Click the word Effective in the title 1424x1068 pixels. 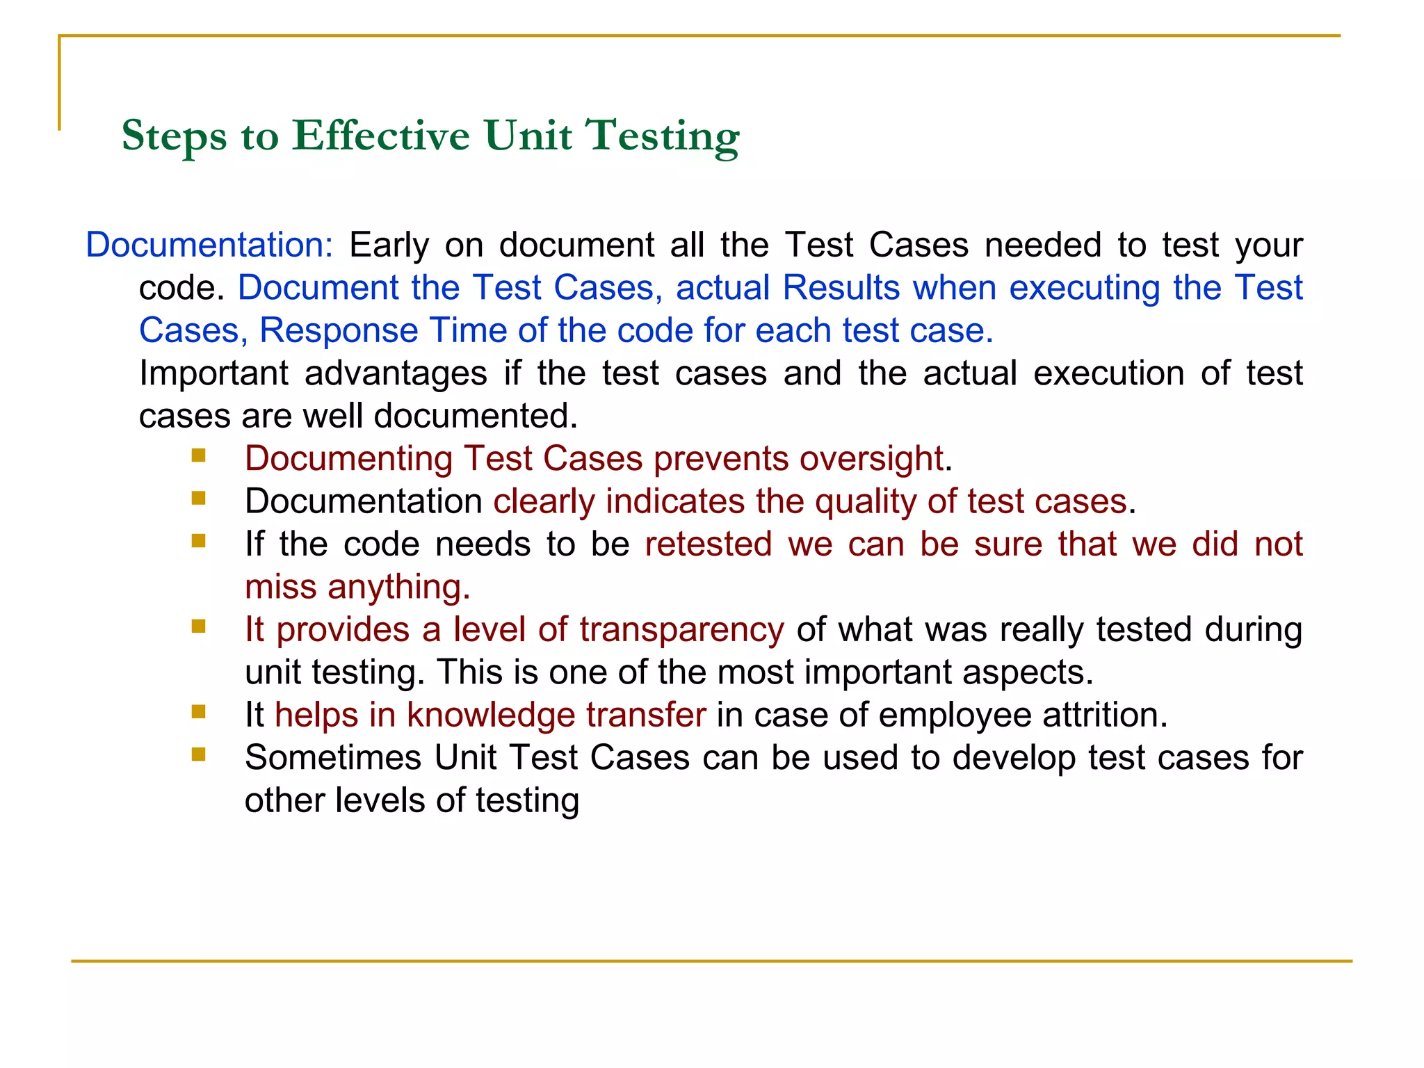point(380,135)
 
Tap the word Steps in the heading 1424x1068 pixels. point(174,136)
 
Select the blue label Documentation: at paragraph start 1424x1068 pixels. point(209,245)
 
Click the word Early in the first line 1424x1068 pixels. point(389,245)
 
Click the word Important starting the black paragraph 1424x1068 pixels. point(213,373)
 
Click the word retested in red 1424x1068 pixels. point(708,544)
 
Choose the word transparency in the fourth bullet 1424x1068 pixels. point(681,630)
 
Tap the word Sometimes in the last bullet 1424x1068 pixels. point(333,758)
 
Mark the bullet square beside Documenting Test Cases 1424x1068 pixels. point(199,455)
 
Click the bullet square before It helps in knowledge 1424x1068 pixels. point(199,711)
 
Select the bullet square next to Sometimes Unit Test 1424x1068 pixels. point(199,754)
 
